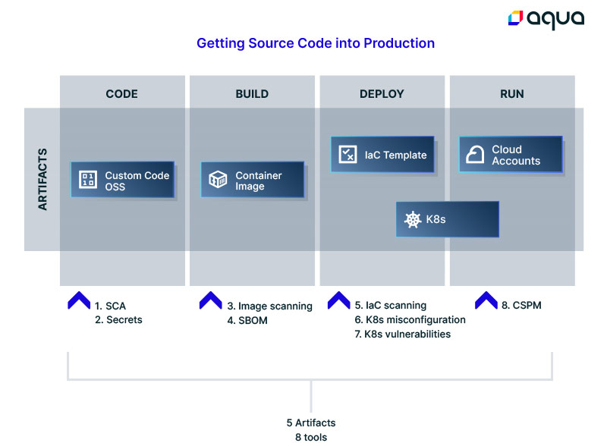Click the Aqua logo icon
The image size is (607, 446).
pyautogui.click(x=515, y=17)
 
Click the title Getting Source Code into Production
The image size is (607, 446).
pyautogui.click(x=316, y=43)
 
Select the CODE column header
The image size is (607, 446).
pyautogui.click(x=121, y=94)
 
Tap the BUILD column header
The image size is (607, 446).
pyautogui.click(x=252, y=94)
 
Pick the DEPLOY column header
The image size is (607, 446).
pyautogui.click(x=382, y=94)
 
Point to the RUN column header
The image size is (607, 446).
pyautogui.click(x=511, y=94)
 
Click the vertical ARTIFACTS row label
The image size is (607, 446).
pyautogui.click(x=42, y=179)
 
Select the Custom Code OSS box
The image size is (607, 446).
pyautogui.click(x=122, y=180)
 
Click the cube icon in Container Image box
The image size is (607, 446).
pyautogui.click(x=218, y=179)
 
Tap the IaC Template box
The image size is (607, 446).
pyautogui.click(x=382, y=154)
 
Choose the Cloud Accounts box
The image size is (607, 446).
pyautogui.click(x=511, y=154)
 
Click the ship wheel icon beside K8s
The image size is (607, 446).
pyautogui.click(x=413, y=219)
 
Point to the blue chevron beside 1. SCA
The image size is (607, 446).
pyautogui.click(x=79, y=300)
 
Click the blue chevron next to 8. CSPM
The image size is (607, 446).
pyautogui.click(x=486, y=300)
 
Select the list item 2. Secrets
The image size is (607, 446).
pyautogui.click(x=118, y=320)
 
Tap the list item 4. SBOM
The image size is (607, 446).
pyautogui.click(x=247, y=321)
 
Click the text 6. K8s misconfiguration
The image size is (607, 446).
pyautogui.click(x=410, y=320)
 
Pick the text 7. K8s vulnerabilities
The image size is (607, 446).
pyautogui.click(x=403, y=334)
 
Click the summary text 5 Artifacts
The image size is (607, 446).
pyautogui.click(x=311, y=422)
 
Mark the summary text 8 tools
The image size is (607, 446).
pyautogui.click(x=311, y=437)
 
